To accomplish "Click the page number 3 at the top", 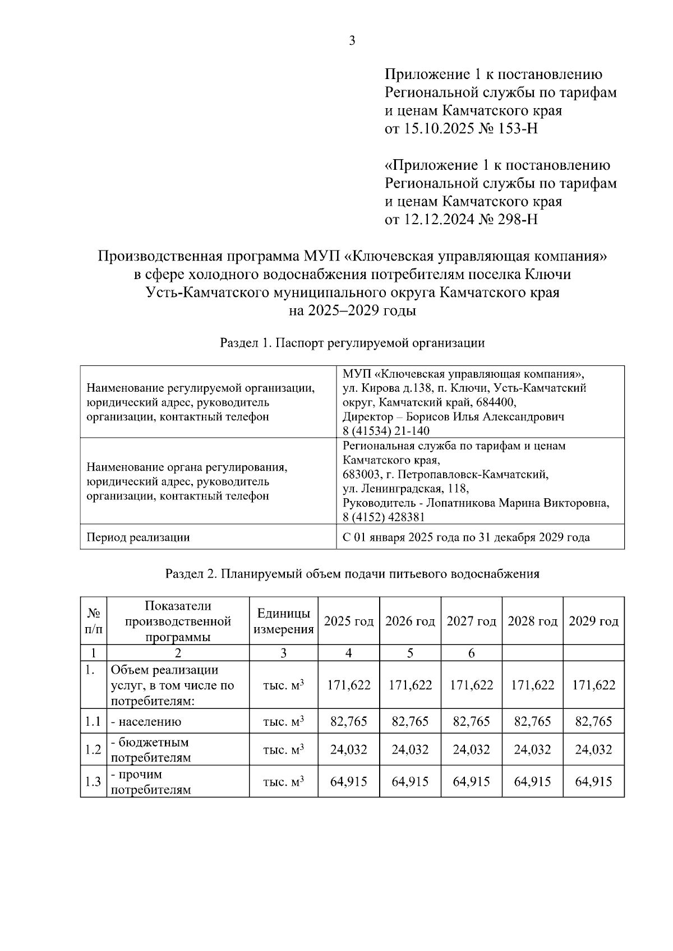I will pyautogui.click(x=352, y=41).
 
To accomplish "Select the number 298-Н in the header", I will pyautogui.click(x=518, y=219).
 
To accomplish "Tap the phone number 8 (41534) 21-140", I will pyautogui.click(x=386, y=431).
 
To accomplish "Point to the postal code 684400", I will pyautogui.click(x=495, y=402).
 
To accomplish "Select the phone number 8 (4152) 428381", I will pyautogui.click(x=384, y=517).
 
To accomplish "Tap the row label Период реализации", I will pyautogui.click(x=138, y=537).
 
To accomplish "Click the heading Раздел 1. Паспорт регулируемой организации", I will pyautogui.click(x=352, y=343).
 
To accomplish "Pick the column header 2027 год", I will pyautogui.click(x=471, y=621).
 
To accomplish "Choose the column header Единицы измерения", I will pyautogui.click(x=283, y=621).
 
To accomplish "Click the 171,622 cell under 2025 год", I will pyautogui.click(x=349, y=685).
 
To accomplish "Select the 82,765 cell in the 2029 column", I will pyautogui.click(x=593, y=721).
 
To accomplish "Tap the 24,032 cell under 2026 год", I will pyautogui.click(x=410, y=750).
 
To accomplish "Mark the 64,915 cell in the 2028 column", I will pyautogui.click(x=532, y=782).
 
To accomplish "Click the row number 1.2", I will pyautogui.click(x=93, y=750).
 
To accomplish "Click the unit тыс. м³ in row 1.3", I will pyautogui.click(x=283, y=782).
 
